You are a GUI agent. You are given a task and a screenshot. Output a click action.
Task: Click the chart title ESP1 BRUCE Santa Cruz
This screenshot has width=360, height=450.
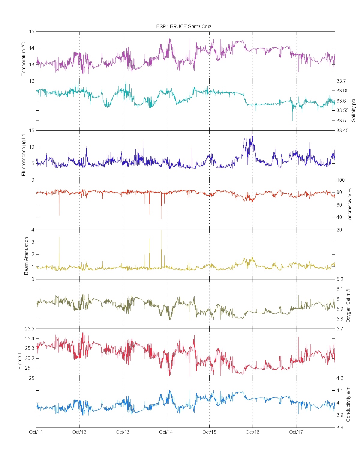tap(184, 26)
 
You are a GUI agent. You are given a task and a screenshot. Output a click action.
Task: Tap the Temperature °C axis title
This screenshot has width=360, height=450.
tap(24, 59)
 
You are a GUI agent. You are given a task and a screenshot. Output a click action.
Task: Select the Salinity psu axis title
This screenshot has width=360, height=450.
tap(353, 109)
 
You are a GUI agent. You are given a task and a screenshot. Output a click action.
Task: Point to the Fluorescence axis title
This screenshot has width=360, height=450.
tap(24, 155)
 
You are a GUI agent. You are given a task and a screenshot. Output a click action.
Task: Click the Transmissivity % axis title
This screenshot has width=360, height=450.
tap(349, 206)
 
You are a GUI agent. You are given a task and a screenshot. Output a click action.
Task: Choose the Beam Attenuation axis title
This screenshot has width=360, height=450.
tap(26, 256)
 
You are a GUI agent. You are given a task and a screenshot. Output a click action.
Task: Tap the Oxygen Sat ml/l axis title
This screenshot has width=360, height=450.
tap(348, 306)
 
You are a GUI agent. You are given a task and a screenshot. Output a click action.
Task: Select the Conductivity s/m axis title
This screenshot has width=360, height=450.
tap(348, 404)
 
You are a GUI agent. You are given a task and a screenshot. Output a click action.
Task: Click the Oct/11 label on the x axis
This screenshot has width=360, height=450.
tap(36, 432)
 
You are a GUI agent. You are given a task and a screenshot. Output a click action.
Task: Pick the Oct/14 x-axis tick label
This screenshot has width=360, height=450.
tap(166, 432)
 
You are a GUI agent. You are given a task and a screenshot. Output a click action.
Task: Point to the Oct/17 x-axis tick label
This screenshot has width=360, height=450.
tap(296, 432)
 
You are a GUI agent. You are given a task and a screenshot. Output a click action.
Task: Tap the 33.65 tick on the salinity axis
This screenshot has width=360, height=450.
tap(342, 91)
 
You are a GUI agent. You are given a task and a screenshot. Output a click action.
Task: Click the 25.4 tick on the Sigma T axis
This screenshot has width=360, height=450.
tap(29, 339)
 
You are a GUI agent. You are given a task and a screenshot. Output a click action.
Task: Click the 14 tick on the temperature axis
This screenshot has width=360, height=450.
tap(31, 48)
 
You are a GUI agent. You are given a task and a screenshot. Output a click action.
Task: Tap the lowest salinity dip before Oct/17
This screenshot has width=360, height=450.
tap(292, 120)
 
